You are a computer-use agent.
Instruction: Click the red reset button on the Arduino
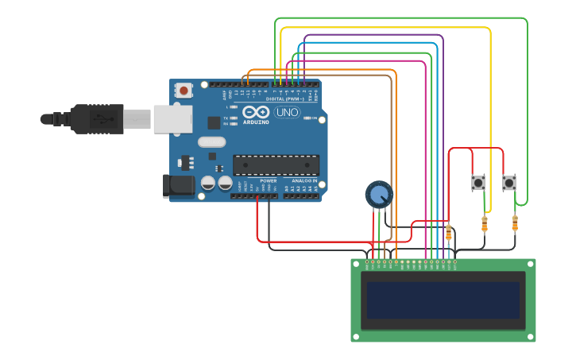(184, 91)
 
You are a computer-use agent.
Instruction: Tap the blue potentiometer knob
(378, 194)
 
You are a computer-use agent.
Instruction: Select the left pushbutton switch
(478, 183)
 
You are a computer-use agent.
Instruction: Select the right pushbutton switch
(509, 183)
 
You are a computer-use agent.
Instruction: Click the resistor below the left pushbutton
(485, 225)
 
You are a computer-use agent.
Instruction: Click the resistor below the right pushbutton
(515, 225)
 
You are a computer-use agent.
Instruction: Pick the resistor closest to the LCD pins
(449, 233)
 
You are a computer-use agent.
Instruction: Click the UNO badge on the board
(286, 113)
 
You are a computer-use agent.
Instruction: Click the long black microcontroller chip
(276, 165)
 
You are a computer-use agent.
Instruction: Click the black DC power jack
(178, 187)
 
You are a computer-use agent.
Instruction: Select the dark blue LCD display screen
(443, 300)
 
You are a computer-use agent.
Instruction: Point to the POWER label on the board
(269, 181)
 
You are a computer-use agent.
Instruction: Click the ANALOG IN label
(303, 181)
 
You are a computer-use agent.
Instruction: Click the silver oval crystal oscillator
(212, 142)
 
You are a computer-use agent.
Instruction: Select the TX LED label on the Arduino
(226, 118)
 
